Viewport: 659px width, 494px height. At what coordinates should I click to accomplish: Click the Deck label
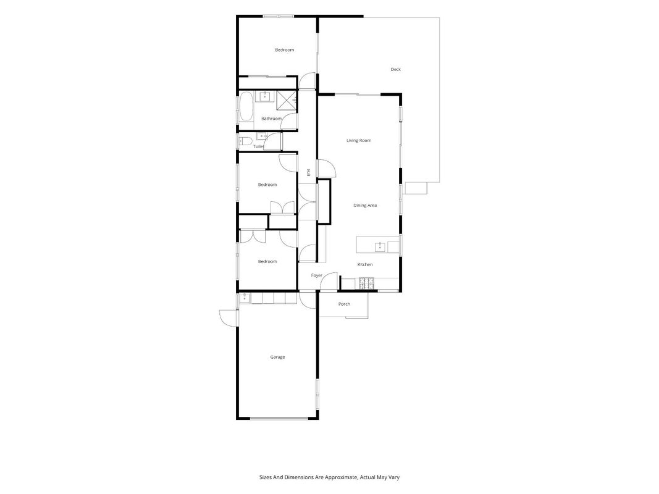[x=395, y=69]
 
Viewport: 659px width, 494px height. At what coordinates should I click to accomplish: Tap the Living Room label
[x=359, y=140]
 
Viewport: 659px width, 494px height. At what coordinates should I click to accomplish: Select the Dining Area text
[x=365, y=206]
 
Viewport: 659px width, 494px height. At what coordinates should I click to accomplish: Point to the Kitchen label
[x=365, y=264]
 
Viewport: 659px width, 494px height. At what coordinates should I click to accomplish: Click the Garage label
[x=277, y=357]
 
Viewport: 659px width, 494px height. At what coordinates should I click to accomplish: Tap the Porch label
[x=344, y=304]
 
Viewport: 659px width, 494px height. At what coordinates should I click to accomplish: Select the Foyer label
[x=316, y=275]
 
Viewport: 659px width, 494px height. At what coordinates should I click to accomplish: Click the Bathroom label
[x=272, y=119]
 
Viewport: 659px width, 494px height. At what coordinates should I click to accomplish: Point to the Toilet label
[x=258, y=146]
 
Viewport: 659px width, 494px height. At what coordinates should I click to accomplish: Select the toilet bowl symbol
[x=245, y=141]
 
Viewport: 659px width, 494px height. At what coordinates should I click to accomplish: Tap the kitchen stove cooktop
[x=366, y=283]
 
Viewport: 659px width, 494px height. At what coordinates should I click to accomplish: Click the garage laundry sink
[x=245, y=298]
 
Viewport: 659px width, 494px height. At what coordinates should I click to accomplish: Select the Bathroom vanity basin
[x=265, y=96]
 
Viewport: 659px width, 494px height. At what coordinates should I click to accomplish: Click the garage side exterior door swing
[x=229, y=317]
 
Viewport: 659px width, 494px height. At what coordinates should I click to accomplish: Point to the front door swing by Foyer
[x=329, y=281]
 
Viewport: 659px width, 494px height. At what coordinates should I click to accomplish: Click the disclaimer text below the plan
[x=329, y=477]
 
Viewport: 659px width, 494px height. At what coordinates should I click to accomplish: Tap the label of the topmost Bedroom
[x=285, y=50]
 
